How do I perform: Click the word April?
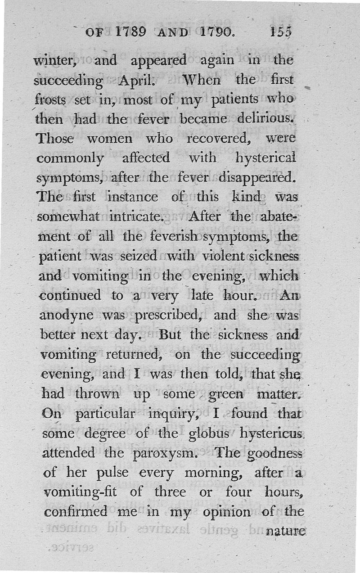point(137,81)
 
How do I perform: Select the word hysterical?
point(266,158)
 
